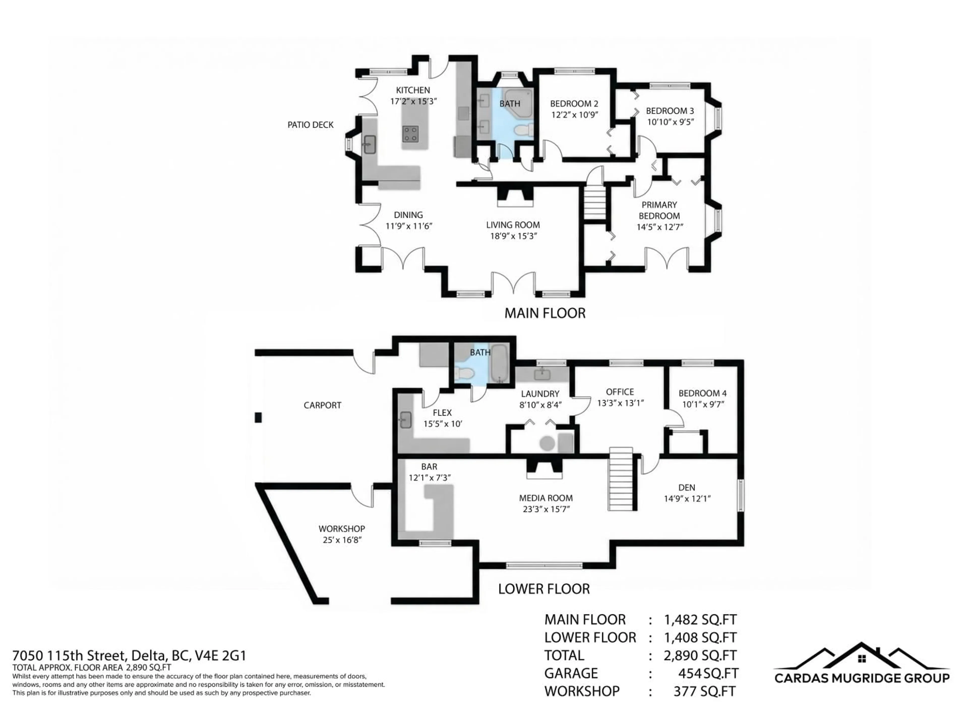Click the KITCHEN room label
point(413,90)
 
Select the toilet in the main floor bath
point(523,130)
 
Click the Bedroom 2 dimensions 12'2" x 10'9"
point(574,115)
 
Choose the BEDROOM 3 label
point(670,111)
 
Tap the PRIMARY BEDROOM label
point(659,210)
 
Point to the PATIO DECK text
point(310,125)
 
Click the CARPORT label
point(322,405)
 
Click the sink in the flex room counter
point(405,420)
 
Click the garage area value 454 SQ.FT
point(708,673)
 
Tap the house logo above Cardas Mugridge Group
point(861,659)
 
